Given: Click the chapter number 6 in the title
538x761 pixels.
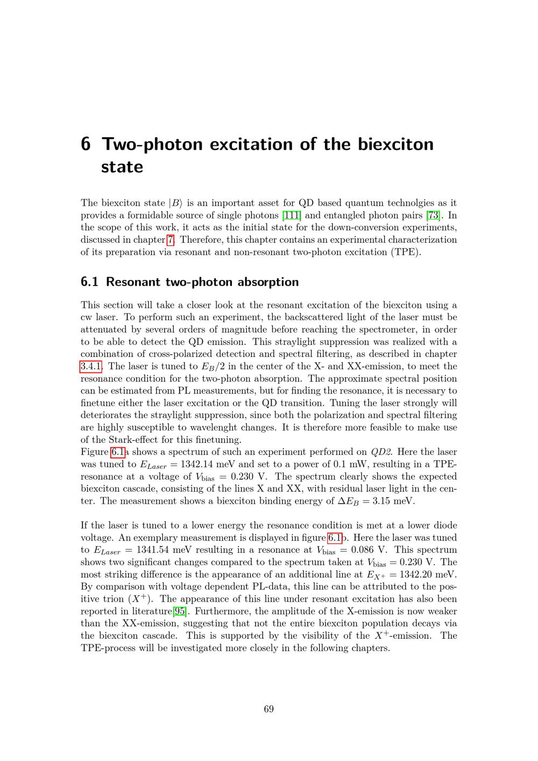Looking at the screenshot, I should [86, 144].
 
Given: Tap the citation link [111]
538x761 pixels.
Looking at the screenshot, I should [292, 215].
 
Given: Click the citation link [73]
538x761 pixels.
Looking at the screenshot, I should [433, 215].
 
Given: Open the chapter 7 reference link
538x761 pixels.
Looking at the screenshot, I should [171, 240].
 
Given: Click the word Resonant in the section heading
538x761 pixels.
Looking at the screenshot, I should [133, 282].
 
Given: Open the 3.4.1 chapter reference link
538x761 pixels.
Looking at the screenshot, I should [90, 367].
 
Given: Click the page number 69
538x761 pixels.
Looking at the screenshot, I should [269, 709].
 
